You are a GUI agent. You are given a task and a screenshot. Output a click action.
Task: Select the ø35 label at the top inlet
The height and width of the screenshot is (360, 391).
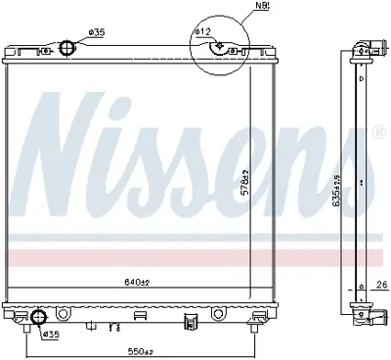point(97,31)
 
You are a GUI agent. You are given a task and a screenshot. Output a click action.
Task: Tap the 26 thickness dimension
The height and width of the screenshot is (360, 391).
point(379,287)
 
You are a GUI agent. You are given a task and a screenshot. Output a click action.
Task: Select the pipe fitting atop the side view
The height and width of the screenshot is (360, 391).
point(366,46)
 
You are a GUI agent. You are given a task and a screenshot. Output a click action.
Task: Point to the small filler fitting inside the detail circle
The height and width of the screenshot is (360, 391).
point(223,45)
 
